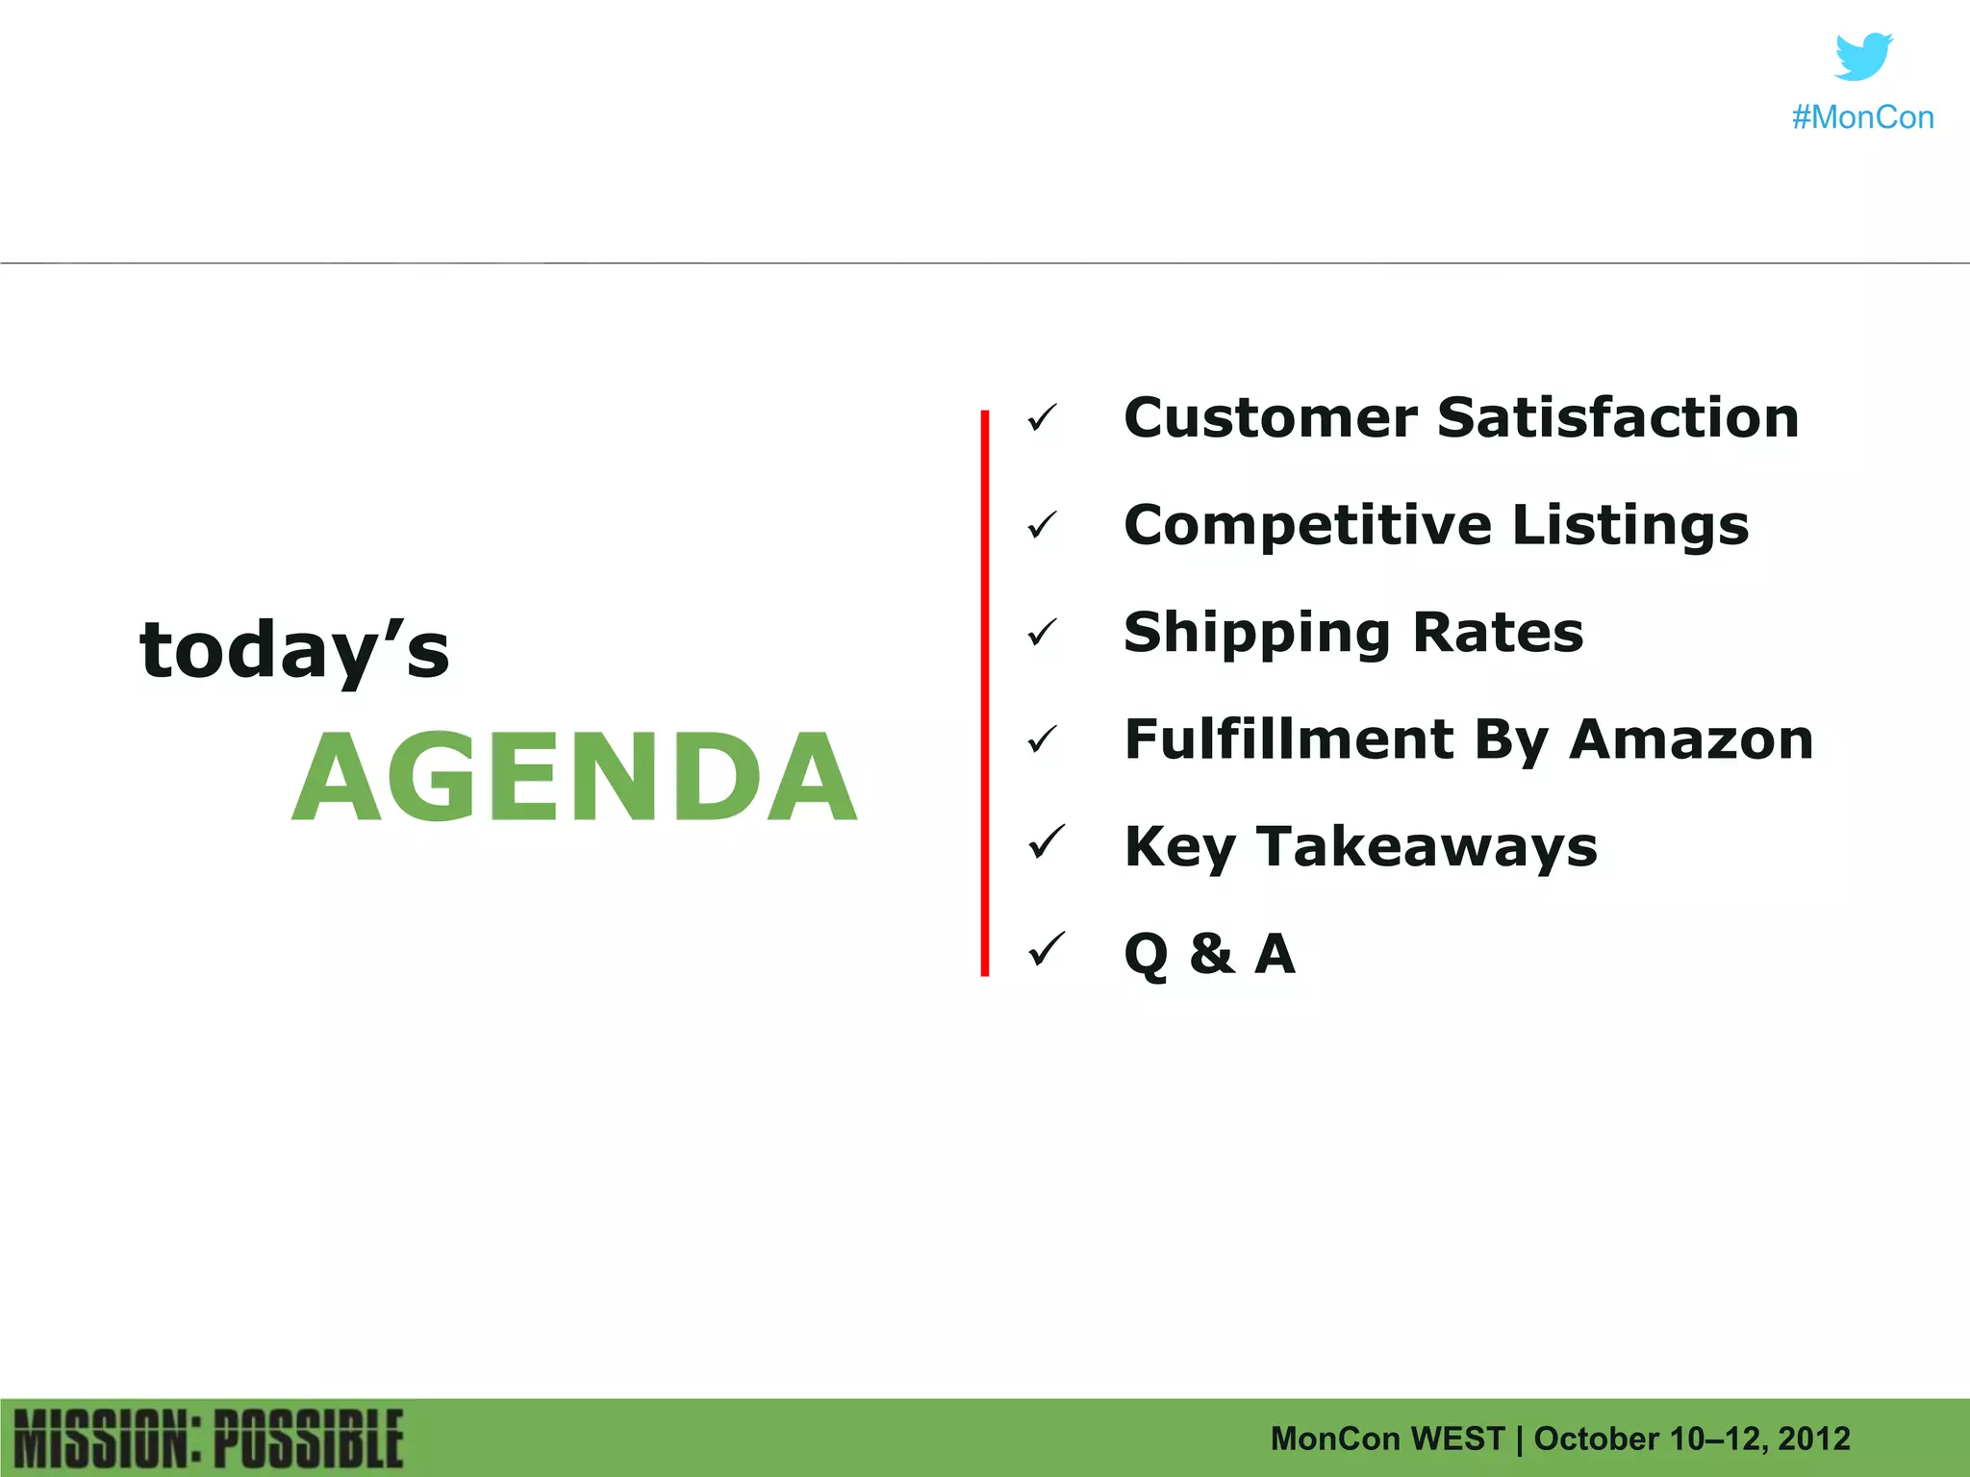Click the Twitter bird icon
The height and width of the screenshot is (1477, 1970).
pos(1863,57)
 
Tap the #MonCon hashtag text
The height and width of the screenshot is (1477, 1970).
pos(1862,117)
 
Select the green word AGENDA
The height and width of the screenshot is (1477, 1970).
pos(574,777)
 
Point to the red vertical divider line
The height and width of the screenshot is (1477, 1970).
pos(984,692)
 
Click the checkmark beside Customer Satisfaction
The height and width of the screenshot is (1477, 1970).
pos(1042,418)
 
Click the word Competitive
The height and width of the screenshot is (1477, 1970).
pos(1307,526)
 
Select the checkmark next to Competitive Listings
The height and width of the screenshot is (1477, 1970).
pos(1042,526)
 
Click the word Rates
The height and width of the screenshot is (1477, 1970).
pos(1498,633)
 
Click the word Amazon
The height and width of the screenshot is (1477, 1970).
pos(1691,739)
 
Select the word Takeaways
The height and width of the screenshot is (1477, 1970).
pos(1427,847)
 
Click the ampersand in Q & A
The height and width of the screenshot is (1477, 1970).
pos(1211,954)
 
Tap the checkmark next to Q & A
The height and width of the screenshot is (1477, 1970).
pos(1046,950)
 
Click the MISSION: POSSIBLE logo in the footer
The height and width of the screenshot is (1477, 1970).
pos(209,1439)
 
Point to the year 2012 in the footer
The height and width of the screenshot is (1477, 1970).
pos(1813,1439)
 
